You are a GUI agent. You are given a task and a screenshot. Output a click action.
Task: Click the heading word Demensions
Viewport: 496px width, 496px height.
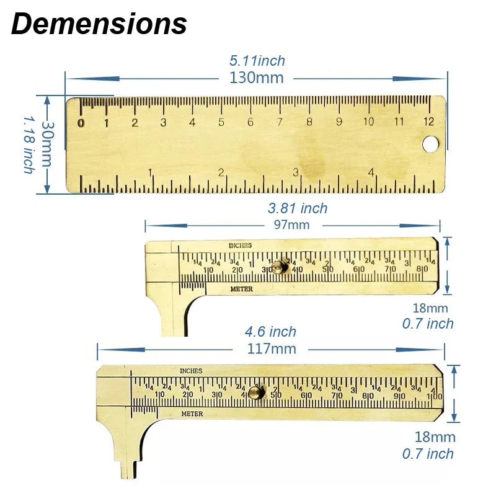point(99,24)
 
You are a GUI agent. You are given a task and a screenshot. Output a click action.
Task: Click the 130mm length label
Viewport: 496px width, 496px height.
point(256,78)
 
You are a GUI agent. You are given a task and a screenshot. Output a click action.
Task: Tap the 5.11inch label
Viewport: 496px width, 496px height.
point(257,61)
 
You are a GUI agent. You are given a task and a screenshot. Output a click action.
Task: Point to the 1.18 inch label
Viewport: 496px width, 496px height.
point(29,144)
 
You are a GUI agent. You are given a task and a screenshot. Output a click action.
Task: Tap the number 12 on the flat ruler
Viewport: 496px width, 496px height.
point(428,122)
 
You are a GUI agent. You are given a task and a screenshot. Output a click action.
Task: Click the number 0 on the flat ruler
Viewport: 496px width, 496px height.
point(81,122)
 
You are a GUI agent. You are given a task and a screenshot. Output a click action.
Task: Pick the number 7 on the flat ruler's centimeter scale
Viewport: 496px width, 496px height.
point(280,122)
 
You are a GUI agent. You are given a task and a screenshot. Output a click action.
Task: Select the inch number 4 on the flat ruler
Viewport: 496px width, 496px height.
point(371,172)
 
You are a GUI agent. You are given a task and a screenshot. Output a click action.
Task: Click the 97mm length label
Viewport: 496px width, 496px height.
point(291,225)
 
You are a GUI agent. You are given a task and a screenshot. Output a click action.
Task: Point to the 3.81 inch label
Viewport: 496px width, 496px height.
point(298,209)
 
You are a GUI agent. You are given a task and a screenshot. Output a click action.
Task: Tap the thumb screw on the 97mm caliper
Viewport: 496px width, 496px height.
point(280,267)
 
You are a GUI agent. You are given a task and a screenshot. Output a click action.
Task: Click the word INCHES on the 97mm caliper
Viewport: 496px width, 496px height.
point(240,246)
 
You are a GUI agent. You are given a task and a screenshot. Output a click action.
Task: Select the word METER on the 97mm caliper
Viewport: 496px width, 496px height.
point(241,289)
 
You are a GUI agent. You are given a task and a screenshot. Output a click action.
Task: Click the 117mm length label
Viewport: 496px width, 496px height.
point(271,348)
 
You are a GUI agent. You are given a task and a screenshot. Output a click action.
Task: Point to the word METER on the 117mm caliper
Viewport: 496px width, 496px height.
point(192,414)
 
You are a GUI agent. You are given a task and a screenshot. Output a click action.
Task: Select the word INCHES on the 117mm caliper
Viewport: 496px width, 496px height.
point(191,371)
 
